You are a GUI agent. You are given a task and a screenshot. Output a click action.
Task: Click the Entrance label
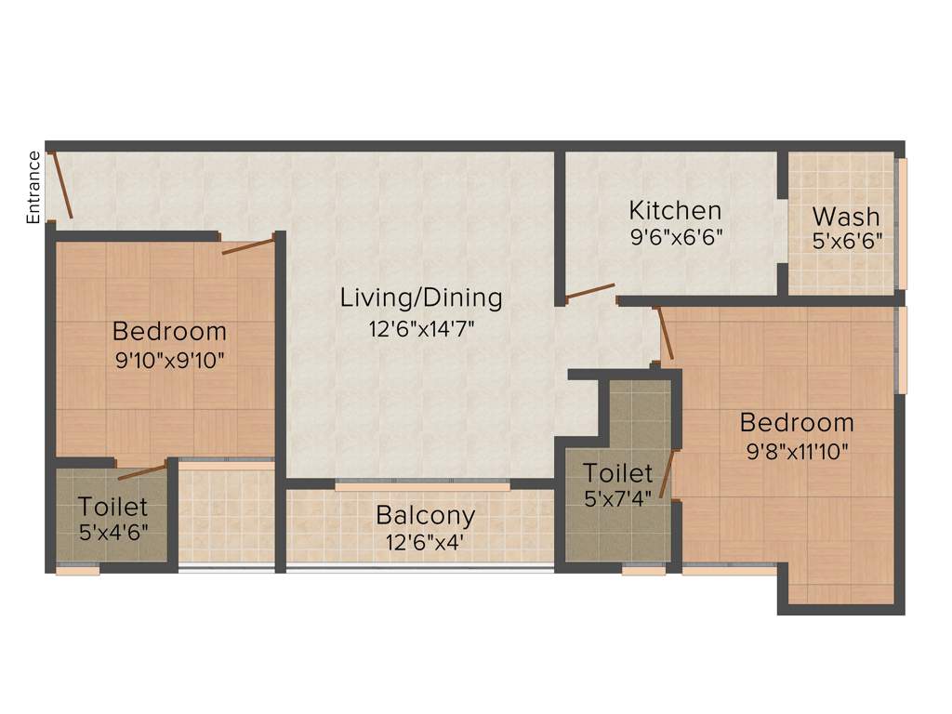[33, 187]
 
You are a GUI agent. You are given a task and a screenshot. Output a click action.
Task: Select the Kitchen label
[675, 209]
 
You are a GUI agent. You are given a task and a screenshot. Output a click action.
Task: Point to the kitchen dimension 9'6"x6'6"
[676, 236]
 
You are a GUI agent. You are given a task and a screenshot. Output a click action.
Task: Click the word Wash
[846, 217]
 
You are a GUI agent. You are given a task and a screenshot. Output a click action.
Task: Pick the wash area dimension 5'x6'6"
[847, 241]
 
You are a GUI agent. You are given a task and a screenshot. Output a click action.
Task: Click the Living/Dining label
[421, 298]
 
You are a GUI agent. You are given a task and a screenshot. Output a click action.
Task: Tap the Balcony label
[425, 514]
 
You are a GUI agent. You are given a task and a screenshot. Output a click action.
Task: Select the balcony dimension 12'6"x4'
[425, 542]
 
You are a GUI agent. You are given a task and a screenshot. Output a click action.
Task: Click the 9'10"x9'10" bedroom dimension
[170, 360]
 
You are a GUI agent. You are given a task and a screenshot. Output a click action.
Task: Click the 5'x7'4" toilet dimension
[618, 499]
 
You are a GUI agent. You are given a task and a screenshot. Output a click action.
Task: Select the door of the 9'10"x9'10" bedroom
[248, 245]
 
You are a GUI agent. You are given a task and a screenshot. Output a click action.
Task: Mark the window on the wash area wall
[901, 223]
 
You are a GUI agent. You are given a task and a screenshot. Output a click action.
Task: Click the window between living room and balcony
[422, 486]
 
